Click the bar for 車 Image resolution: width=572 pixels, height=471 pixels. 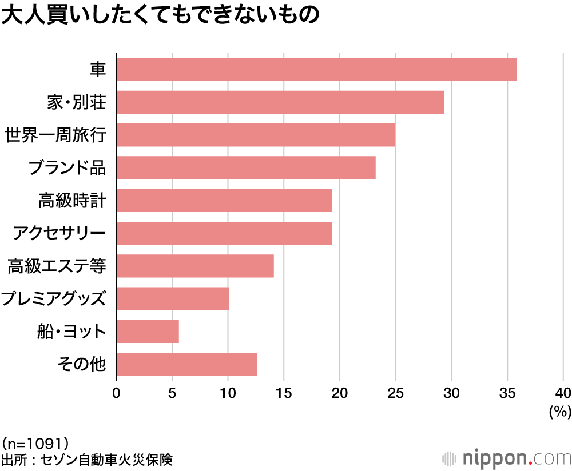click(x=316, y=69)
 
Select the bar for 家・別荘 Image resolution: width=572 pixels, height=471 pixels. click(x=280, y=102)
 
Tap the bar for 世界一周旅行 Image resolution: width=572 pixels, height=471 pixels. click(x=256, y=135)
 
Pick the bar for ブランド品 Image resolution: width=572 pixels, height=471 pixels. click(x=246, y=167)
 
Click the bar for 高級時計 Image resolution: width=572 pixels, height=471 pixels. click(x=224, y=201)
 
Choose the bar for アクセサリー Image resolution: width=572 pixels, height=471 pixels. click(x=224, y=233)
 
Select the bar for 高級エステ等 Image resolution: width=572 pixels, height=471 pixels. click(x=195, y=266)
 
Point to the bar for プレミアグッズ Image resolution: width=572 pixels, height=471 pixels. click(x=173, y=298)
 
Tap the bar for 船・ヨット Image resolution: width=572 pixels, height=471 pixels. click(x=148, y=331)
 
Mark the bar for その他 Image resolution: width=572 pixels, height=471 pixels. click(x=186, y=364)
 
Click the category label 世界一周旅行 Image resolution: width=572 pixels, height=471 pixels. click(x=55, y=135)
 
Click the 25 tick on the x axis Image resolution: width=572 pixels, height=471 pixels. click(x=395, y=393)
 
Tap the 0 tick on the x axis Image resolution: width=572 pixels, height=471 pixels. click(x=117, y=393)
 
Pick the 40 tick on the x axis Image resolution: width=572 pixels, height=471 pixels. click(x=563, y=393)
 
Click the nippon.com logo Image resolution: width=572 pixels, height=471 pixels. click(x=507, y=458)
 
